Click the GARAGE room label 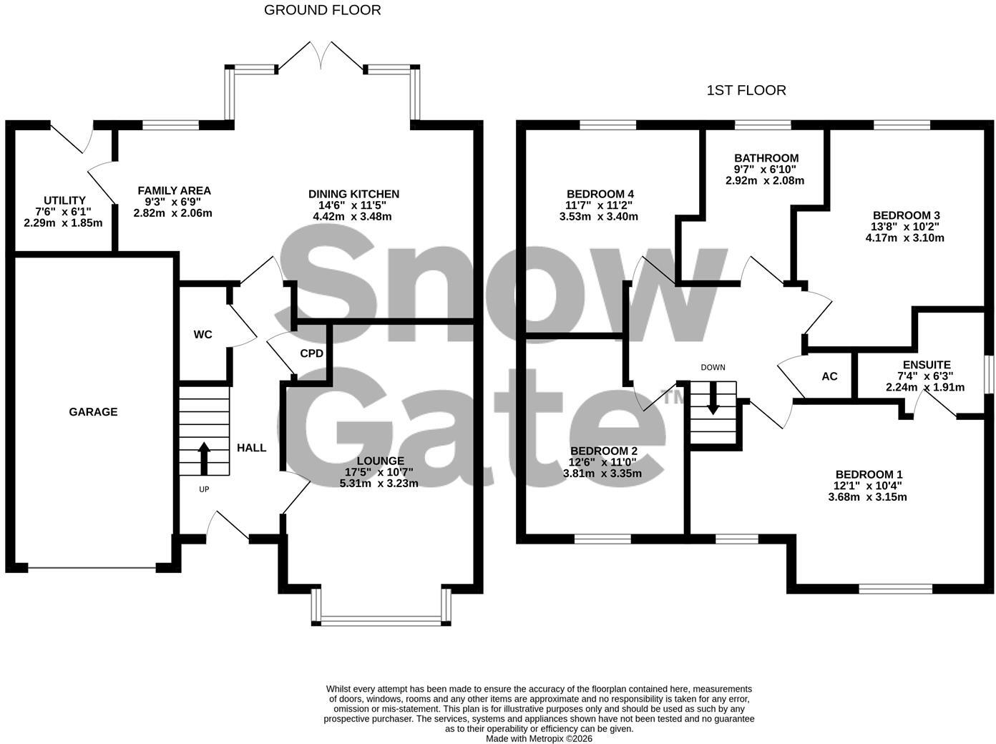click(x=93, y=412)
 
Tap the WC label click(x=202, y=335)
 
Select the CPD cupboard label click(x=312, y=353)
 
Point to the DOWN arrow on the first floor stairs click(x=713, y=398)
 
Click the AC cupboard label click(x=829, y=376)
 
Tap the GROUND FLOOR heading click(x=322, y=10)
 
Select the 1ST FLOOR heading click(x=746, y=90)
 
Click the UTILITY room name click(x=64, y=200)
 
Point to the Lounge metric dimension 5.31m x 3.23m click(x=379, y=484)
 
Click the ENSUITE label click(x=927, y=365)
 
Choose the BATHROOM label click(x=766, y=158)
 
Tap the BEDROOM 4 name click(x=600, y=194)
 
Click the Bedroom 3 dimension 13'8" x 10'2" click(x=906, y=227)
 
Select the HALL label click(x=251, y=449)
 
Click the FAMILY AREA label click(x=175, y=191)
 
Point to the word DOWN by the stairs click(x=713, y=368)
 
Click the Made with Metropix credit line click(x=539, y=739)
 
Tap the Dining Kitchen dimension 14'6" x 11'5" click(x=353, y=205)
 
